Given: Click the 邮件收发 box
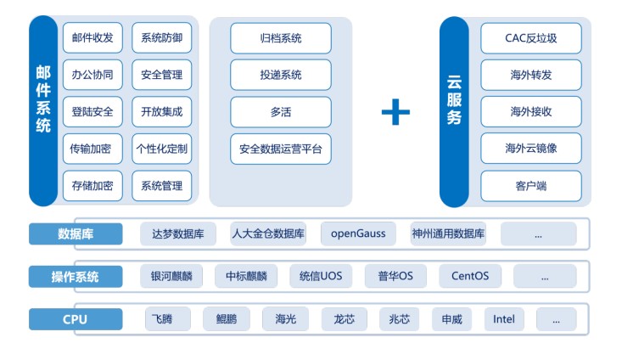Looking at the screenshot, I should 93,37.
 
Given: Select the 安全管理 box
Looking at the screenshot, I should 161,75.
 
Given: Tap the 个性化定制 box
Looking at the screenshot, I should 161,149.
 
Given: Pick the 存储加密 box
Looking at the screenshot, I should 93,185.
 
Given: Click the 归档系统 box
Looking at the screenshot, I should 281,37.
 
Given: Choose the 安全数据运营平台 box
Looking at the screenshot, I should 281,149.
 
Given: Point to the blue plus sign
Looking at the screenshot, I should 395,112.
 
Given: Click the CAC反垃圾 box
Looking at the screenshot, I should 531,37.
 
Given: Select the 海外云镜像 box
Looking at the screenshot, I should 531,149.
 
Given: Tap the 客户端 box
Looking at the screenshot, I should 531,185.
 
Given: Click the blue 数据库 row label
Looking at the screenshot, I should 76,233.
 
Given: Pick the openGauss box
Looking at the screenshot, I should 358,233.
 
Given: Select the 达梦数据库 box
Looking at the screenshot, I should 178,233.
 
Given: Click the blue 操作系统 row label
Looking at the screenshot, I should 76,277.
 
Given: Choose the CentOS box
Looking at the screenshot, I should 470,277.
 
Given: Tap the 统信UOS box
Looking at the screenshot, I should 320,277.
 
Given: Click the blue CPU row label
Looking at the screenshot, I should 76,320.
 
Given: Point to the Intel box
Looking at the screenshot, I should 503,320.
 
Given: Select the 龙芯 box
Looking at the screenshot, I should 344,320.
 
